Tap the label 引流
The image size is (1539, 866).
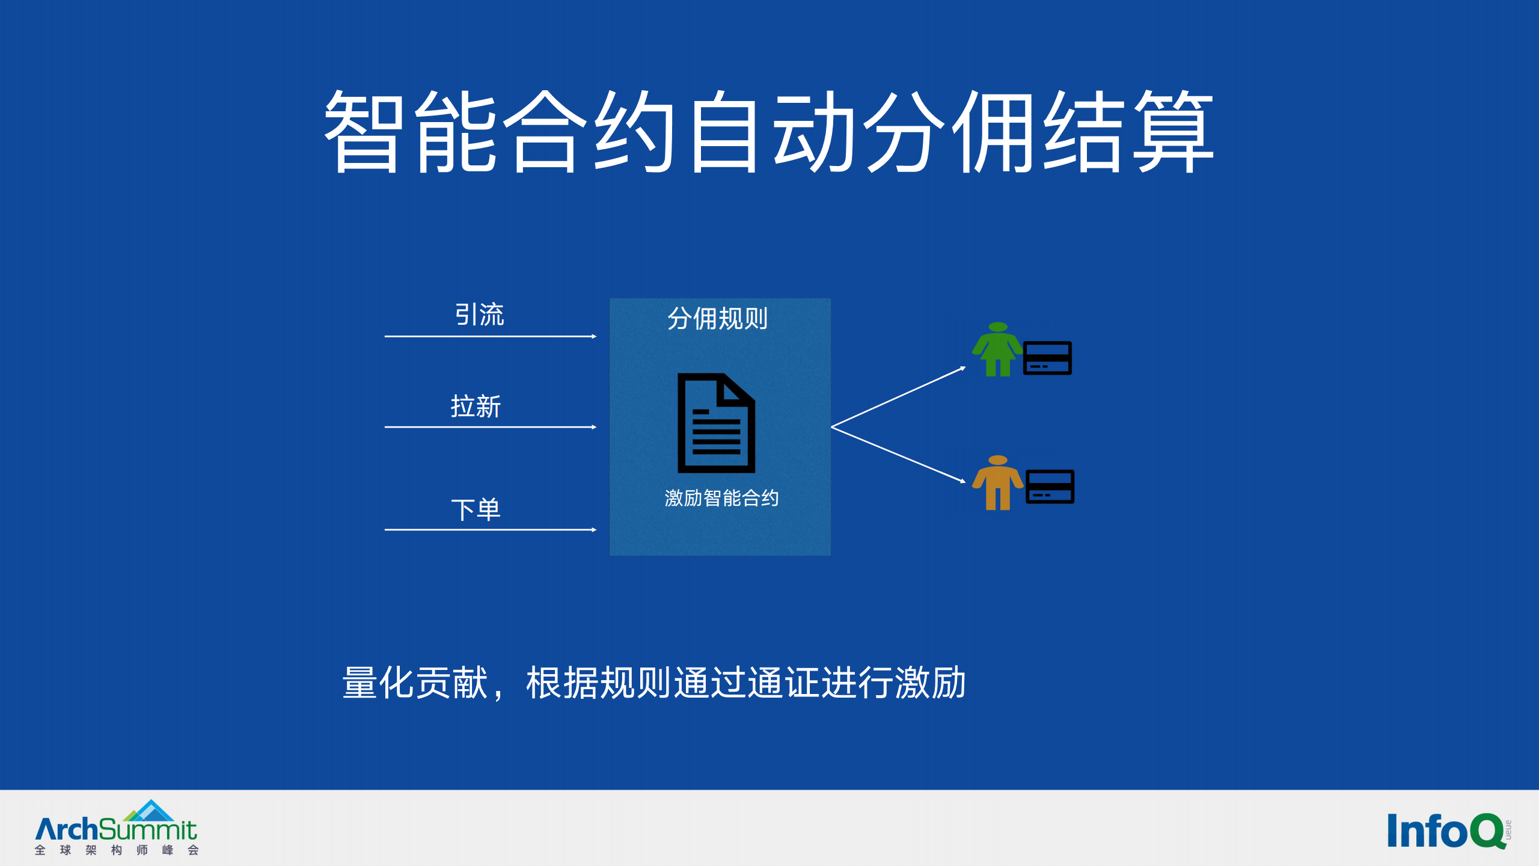479,315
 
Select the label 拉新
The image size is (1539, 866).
476,407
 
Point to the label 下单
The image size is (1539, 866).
476,510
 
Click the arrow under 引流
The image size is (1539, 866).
490,337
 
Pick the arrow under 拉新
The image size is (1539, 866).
490,427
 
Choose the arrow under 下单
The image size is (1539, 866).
490,530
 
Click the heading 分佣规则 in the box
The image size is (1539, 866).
718,318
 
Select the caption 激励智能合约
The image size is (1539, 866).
721,498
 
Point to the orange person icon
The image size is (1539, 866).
997,483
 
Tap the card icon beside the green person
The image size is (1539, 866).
1047,358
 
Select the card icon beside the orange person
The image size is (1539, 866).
1050,487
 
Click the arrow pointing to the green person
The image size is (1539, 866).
898,398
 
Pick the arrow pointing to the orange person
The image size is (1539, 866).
898,455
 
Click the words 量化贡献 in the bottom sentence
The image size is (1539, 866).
415,683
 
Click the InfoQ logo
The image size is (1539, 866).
1446,831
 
